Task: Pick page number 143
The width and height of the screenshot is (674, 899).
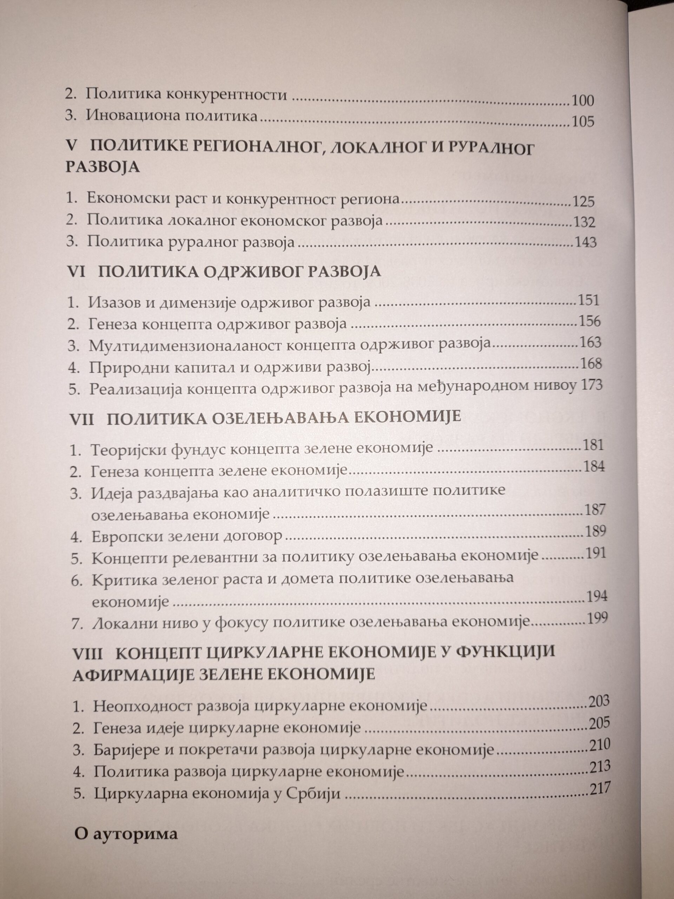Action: (586, 243)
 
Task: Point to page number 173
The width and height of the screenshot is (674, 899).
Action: (592, 385)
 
